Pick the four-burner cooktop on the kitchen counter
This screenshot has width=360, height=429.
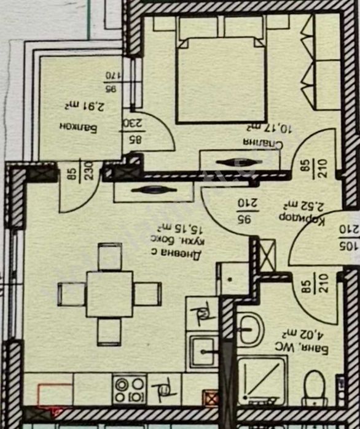click(130, 389)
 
